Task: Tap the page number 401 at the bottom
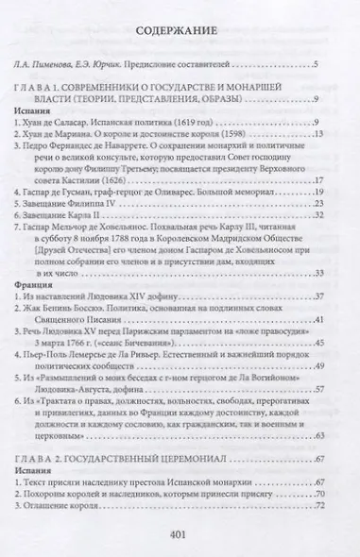180,533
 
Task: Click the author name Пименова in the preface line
62,64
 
